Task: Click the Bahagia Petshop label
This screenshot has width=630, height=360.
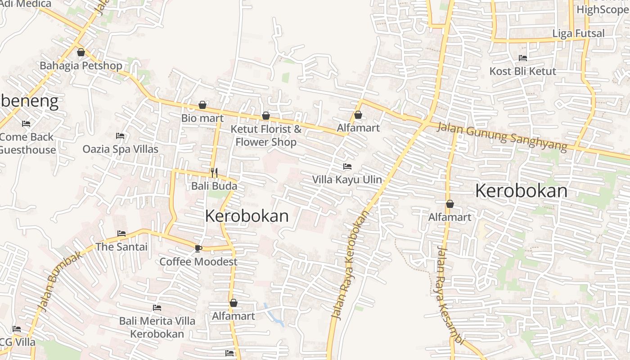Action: click(x=81, y=66)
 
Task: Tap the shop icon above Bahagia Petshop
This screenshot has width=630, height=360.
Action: click(x=81, y=53)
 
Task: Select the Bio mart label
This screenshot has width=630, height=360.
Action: click(x=202, y=118)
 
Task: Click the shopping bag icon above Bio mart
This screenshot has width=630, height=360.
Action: click(x=202, y=105)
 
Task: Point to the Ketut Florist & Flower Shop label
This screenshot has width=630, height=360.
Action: click(x=266, y=135)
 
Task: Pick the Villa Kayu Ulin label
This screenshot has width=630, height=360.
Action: click(x=347, y=180)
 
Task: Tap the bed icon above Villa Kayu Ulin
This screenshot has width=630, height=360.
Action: click(x=347, y=166)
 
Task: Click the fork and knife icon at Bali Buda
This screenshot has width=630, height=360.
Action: click(x=214, y=172)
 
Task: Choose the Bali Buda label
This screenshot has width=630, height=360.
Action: click(x=214, y=186)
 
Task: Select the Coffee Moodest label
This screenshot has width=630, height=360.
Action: click(x=198, y=261)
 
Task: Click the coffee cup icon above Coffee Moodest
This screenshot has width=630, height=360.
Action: click(x=198, y=248)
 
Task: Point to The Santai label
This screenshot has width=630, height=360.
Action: click(x=121, y=247)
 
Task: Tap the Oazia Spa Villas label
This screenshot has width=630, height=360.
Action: click(x=121, y=149)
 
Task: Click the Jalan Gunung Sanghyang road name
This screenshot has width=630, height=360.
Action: click(x=502, y=137)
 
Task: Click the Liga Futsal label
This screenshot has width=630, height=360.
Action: click(x=578, y=33)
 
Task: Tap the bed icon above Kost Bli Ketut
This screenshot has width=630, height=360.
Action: click(x=523, y=58)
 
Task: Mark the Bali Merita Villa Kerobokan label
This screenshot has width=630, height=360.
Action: click(x=157, y=327)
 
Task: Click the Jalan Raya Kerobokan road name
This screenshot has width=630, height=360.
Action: click(x=349, y=265)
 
